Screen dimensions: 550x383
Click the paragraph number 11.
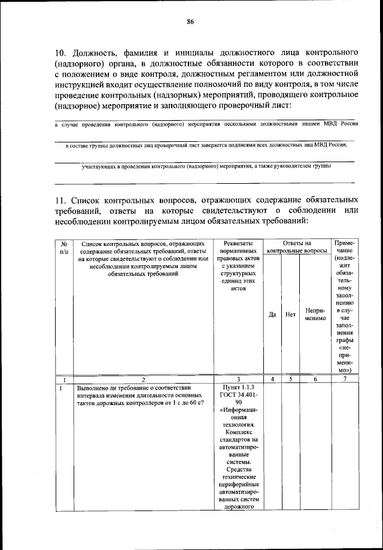point(60,199)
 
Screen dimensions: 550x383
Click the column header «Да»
point(272,314)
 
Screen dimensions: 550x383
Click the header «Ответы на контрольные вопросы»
point(297,247)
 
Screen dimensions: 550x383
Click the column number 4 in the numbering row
point(272,379)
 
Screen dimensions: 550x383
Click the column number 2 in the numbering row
point(143,379)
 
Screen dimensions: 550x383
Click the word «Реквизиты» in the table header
point(238,244)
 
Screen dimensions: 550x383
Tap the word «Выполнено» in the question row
point(92,387)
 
